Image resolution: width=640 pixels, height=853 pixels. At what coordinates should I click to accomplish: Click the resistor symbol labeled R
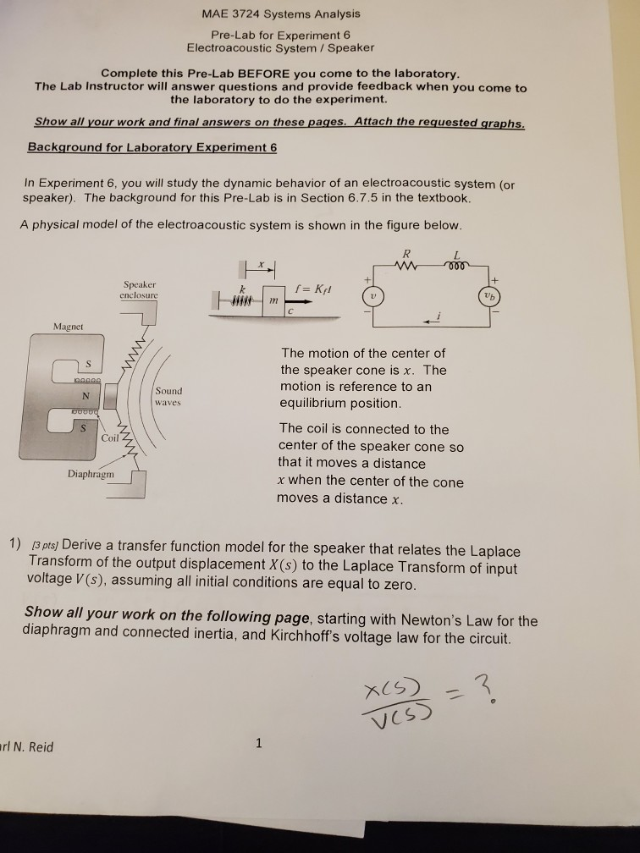[x=407, y=266]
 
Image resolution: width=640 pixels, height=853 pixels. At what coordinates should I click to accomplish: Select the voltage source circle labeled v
[x=372, y=296]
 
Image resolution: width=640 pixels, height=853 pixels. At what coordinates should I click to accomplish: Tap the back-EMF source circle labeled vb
[x=490, y=296]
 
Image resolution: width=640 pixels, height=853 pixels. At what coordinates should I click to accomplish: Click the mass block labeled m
[x=273, y=300]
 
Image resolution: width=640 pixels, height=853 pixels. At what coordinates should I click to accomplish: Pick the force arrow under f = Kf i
[x=300, y=301]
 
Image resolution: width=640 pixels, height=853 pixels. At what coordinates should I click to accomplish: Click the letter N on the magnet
[x=86, y=395]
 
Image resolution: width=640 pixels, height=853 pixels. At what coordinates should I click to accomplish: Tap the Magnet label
[x=68, y=327]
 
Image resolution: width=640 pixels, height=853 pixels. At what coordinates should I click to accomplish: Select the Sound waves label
[x=168, y=397]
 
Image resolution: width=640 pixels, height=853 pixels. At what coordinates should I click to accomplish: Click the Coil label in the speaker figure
[x=109, y=438]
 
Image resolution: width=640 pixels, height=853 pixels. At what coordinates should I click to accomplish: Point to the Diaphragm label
[x=91, y=474]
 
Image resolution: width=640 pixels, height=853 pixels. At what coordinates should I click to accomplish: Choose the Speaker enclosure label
[x=140, y=289]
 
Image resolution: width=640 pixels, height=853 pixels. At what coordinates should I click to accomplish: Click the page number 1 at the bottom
[x=258, y=743]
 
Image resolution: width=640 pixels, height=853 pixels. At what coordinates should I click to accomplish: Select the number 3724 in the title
[x=242, y=14]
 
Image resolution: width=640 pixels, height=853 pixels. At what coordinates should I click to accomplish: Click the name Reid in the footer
[x=41, y=747]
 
